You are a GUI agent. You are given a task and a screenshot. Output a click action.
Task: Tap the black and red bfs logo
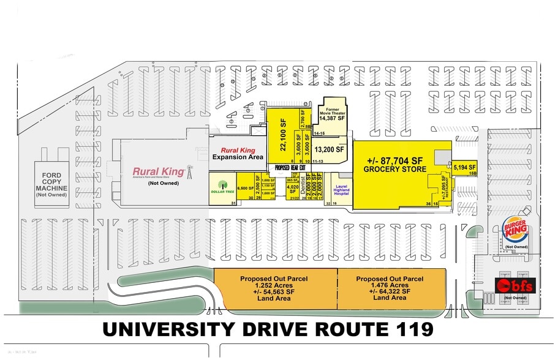point(515,285)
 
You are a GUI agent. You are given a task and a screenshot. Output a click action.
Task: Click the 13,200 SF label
point(330,149)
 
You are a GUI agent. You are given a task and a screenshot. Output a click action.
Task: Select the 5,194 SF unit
point(464,166)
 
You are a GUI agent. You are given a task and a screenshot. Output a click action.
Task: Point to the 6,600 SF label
point(245,189)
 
